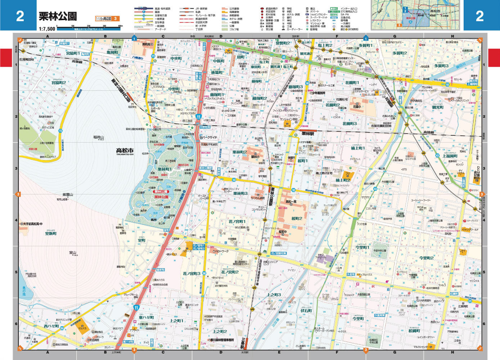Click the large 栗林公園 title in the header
click(x=58, y=16)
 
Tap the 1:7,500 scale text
click(x=47, y=29)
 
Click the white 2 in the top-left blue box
click(x=20, y=16)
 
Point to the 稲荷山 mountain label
click(x=98, y=137)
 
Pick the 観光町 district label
click(x=438, y=107)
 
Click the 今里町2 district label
click(x=426, y=258)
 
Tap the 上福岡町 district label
click(x=450, y=156)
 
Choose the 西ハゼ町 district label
click(x=51, y=326)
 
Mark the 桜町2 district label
click(x=297, y=219)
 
